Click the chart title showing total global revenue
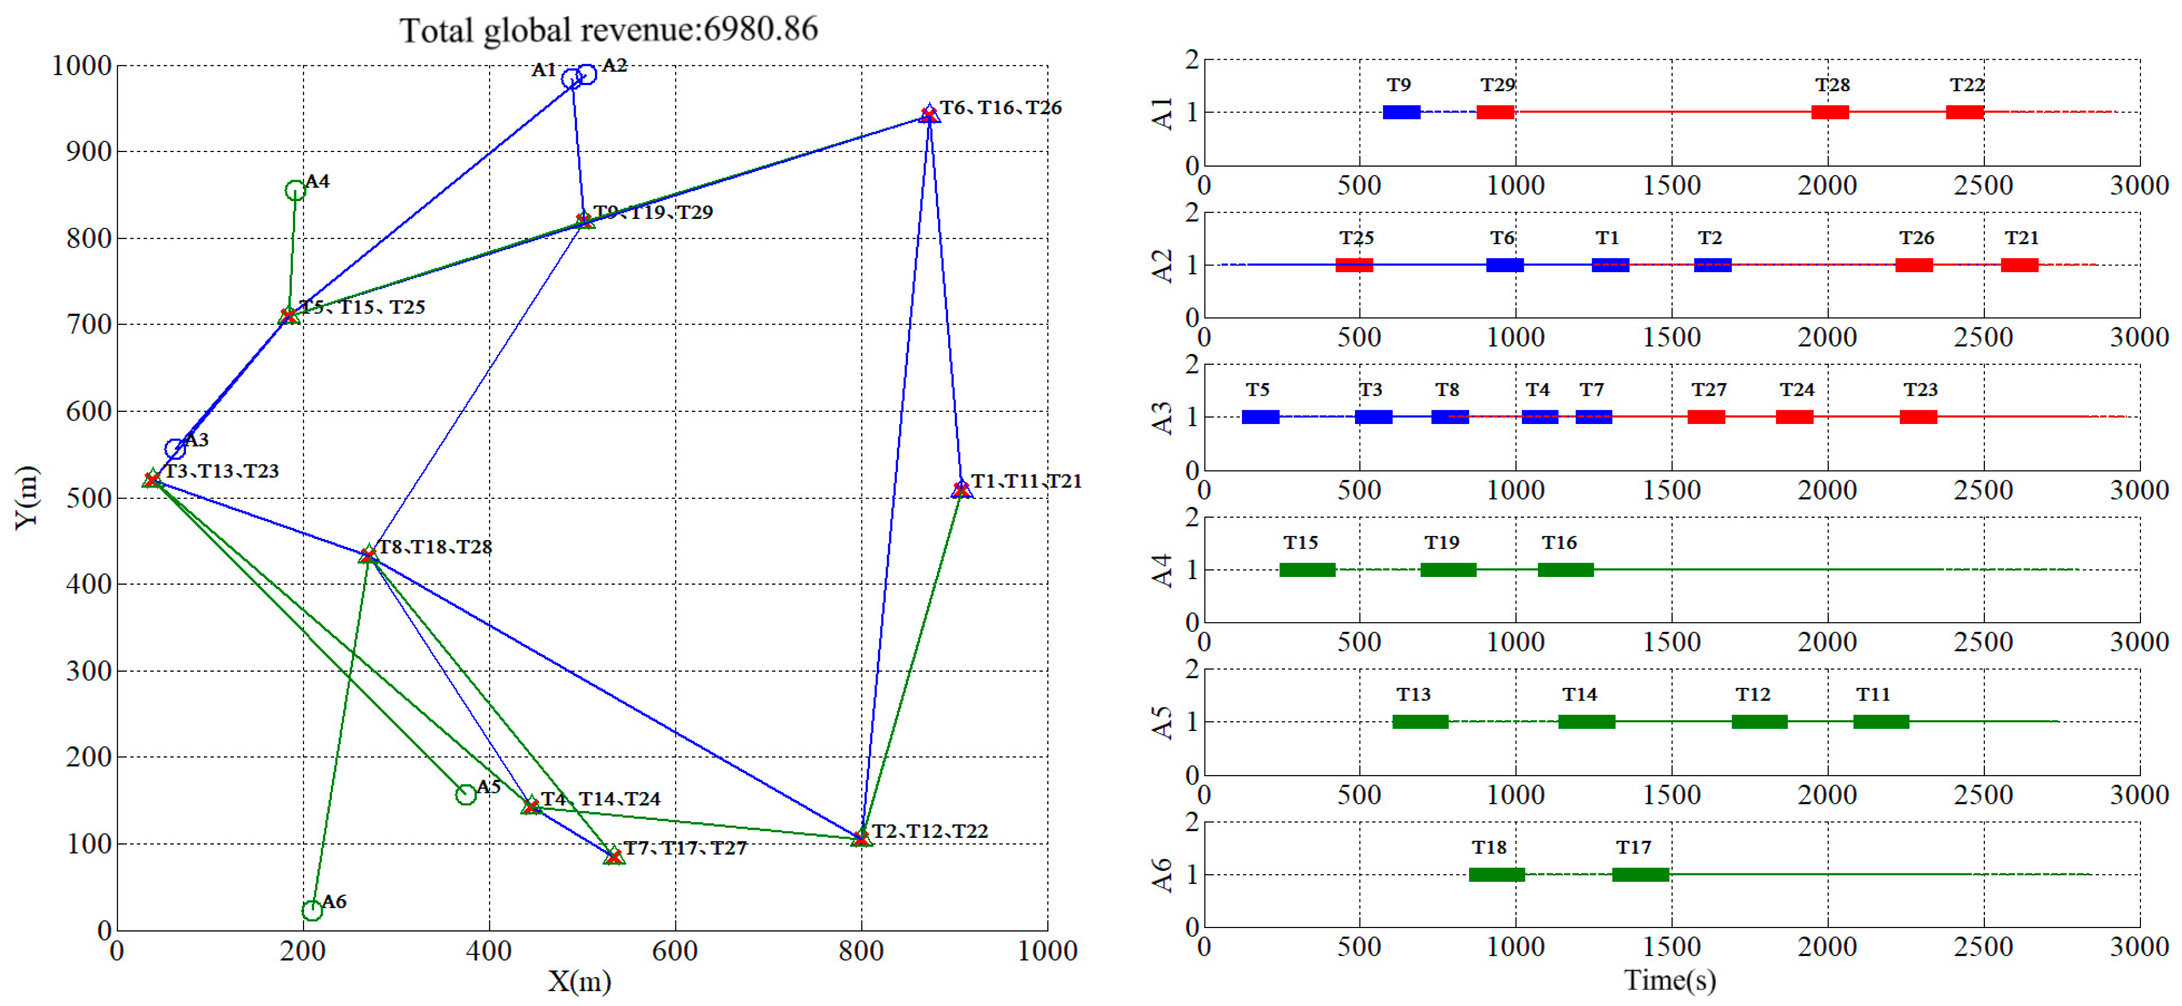[608, 30]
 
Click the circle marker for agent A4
[295, 190]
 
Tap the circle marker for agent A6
[312, 910]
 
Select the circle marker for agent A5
[465, 794]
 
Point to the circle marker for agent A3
[174, 449]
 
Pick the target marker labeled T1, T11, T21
[961, 489]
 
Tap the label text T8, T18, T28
[435, 547]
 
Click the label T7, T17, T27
[685, 848]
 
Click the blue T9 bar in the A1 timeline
[1401, 112]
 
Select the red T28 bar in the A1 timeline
[1830, 112]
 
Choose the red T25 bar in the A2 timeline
[1353, 265]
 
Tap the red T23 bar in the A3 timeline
[1917, 416]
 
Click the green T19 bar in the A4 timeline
[1448, 569]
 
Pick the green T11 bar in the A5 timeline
[1880, 721]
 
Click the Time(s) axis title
[1670, 981]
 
